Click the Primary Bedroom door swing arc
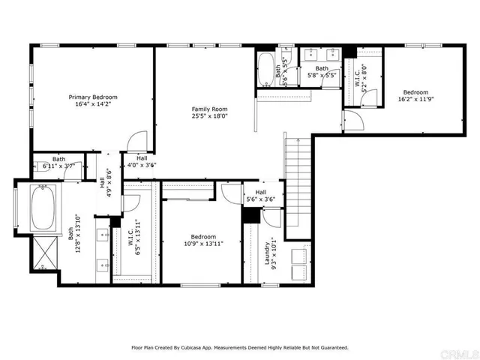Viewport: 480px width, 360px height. (x=135, y=142)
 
